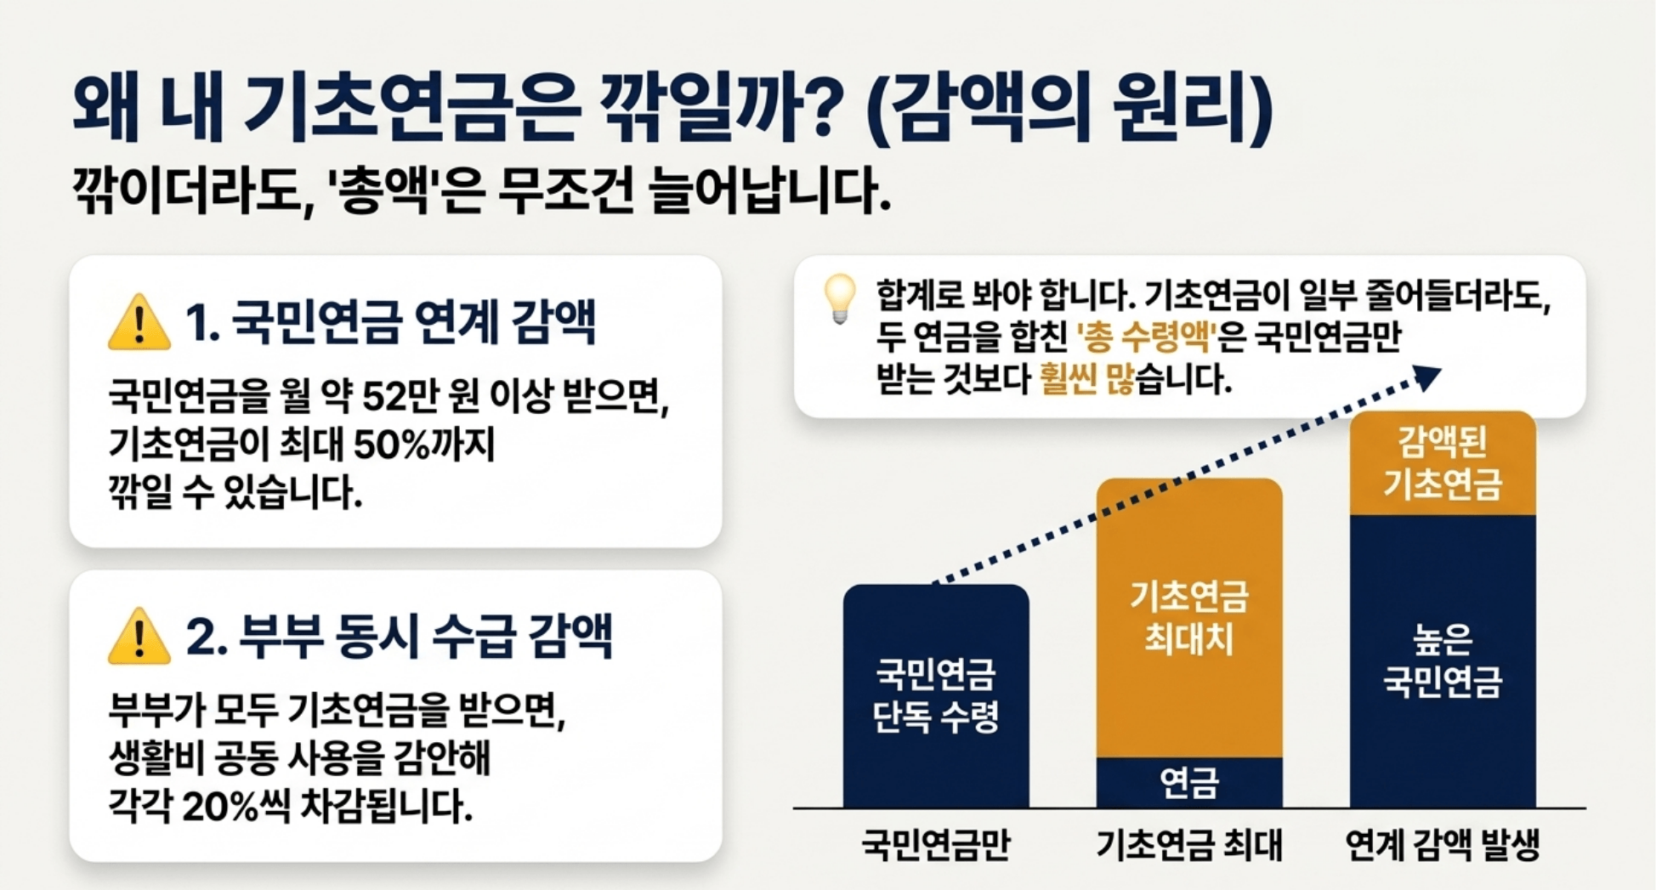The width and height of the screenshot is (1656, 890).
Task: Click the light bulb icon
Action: coord(840,298)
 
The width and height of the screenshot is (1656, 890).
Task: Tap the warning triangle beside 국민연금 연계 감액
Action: coord(139,324)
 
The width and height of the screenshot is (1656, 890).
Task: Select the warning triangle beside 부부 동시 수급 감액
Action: coord(139,638)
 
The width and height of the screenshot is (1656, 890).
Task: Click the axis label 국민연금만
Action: coord(936,844)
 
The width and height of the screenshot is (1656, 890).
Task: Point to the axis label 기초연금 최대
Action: coord(1188,844)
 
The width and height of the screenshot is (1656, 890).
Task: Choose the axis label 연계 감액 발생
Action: coord(1442,844)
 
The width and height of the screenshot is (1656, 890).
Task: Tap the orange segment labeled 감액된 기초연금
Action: coord(1443,463)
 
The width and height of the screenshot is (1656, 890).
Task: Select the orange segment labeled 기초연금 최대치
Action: coord(1188,617)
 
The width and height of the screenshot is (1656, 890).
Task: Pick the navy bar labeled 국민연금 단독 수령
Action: coord(936,695)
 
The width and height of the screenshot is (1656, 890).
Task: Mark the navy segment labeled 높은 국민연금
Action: coord(1443,660)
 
